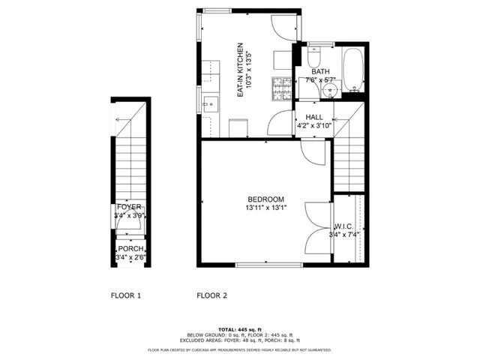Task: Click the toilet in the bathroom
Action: coord(313,58)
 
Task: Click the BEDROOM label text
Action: coord(265,199)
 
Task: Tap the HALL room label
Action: coord(313,117)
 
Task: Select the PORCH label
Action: coord(129,249)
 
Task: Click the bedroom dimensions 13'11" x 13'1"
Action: coord(265,208)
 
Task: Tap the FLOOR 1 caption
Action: coord(126,295)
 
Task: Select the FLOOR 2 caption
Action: coord(211,295)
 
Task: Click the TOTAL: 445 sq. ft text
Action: coord(239,330)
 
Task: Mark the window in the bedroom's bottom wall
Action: coord(268,265)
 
